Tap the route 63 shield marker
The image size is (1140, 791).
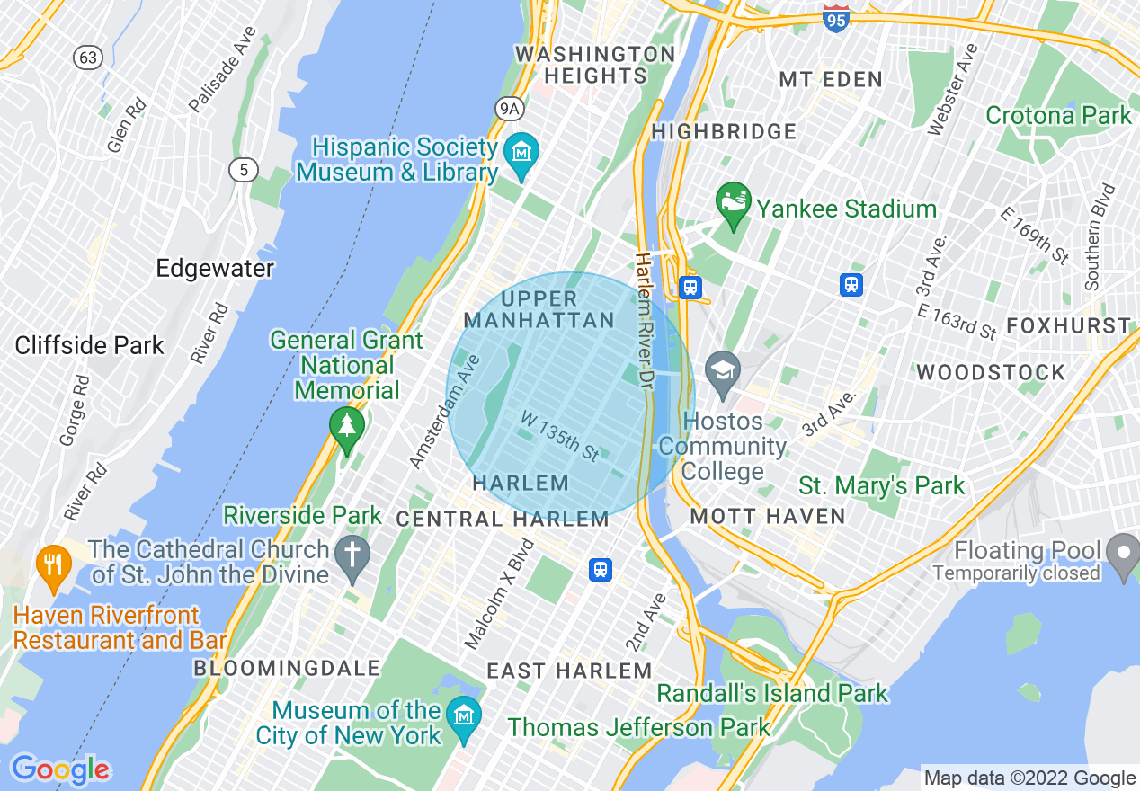coord(88,58)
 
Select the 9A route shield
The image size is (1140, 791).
coord(509,109)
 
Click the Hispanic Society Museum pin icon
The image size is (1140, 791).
coord(521,150)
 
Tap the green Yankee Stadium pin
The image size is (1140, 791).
coord(733,202)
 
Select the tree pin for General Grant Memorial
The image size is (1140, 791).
coord(347,426)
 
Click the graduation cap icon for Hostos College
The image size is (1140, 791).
coord(722,370)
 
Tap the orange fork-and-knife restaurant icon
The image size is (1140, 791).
coord(53,564)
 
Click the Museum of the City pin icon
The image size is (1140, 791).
coord(465,715)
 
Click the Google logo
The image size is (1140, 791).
coord(60,769)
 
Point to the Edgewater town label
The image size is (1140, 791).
coord(215,268)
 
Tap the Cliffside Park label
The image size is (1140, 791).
coord(90,345)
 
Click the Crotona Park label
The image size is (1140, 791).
coord(1058,115)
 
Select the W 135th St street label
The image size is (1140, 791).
coord(559,436)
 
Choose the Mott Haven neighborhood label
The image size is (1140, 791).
coord(767,516)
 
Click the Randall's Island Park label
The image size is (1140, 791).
coord(771,693)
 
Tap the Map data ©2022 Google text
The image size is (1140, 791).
coord(1030,778)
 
